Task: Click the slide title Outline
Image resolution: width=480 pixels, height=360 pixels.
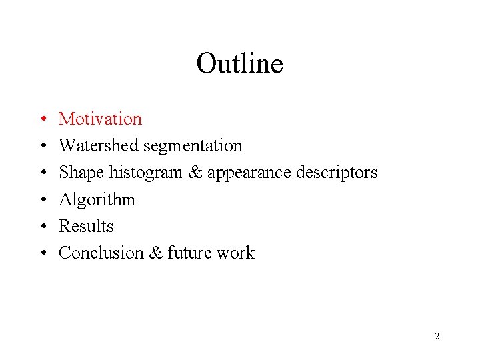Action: pyautogui.click(x=239, y=64)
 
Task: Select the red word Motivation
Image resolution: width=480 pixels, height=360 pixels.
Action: pyautogui.click(x=100, y=119)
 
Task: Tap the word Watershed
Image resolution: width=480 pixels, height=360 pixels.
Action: pyautogui.click(x=99, y=145)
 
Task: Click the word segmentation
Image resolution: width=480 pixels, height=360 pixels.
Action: pyautogui.click(x=193, y=146)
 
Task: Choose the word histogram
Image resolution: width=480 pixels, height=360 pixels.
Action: pyautogui.click(x=145, y=173)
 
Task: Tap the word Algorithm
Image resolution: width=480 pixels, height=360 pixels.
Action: pyautogui.click(x=97, y=200)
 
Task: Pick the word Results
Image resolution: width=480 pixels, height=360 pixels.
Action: pyautogui.click(x=86, y=226)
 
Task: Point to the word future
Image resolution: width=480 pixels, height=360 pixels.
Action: pyautogui.click(x=188, y=253)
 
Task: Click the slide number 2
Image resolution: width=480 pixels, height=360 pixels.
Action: pyautogui.click(x=437, y=336)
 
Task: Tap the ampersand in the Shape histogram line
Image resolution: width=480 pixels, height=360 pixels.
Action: pyautogui.click(x=195, y=173)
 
